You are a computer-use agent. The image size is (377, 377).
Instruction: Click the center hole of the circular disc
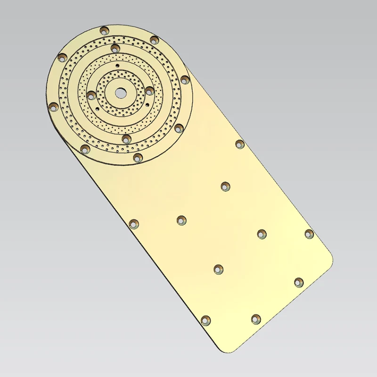click(120, 93)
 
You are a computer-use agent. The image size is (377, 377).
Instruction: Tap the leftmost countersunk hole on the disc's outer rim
click(53, 106)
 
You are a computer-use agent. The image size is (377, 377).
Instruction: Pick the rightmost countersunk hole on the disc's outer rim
click(185, 80)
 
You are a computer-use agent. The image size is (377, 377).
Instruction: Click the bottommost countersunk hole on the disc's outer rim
click(138, 156)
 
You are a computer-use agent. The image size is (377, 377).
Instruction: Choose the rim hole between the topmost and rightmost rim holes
click(154, 40)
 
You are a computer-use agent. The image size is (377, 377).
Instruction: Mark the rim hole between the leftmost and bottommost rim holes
click(85, 149)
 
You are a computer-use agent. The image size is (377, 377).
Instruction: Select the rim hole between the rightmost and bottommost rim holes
click(179, 128)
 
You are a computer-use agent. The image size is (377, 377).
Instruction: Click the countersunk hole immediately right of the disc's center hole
click(149, 90)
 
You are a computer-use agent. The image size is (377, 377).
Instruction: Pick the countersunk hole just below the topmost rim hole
click(114, 48)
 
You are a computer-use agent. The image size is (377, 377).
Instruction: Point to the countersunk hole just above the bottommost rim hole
click(126, 139)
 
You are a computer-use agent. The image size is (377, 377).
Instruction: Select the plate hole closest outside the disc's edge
click(239, 144)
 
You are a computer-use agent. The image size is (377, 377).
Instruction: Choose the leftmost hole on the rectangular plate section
click(134, 223)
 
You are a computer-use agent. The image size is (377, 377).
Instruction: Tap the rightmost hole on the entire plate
click(309, 234)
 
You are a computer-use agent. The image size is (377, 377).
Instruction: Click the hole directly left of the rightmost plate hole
click(262, 233)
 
